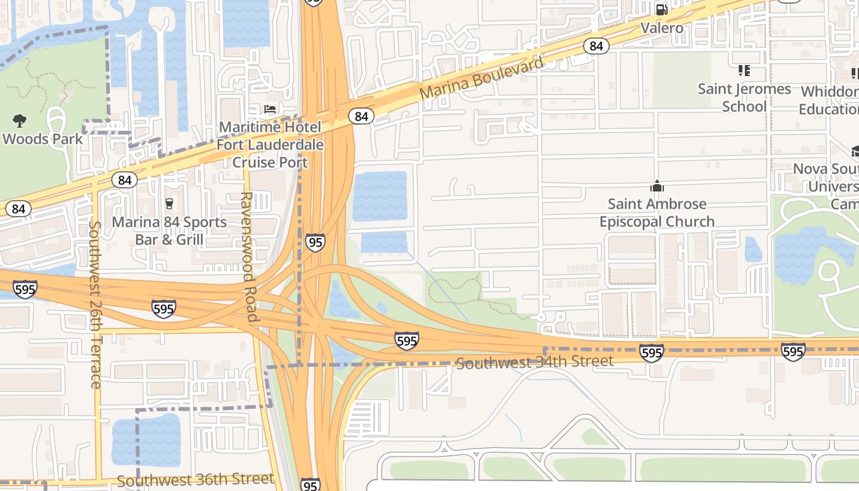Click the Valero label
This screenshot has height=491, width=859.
[x=661, y=28]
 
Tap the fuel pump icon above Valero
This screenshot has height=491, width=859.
[x=661, y=9]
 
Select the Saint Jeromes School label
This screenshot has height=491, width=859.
[x=744, y=98]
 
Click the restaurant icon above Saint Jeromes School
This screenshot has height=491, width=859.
[x=744, y=71]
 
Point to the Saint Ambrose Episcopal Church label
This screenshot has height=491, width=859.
[x=657, y=212]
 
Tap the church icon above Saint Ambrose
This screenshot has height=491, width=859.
[x=657, y=186]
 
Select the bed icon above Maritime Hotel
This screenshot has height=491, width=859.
[x=270, y=110]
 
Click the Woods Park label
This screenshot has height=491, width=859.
[x=42, y=139]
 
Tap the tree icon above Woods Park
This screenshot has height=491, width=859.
[x=20, y=120]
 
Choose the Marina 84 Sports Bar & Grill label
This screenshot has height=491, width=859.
[x=169, y=230]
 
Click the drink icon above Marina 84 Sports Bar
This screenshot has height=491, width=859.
[x=169, y=203]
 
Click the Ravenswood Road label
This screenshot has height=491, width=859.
[x=247, y=257]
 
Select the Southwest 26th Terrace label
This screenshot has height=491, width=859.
[x=94, y=304]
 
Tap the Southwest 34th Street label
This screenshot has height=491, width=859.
[x=534, y=362]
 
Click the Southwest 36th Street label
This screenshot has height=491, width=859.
[x=195, y=479]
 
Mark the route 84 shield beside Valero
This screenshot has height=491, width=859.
[x=596, y=46]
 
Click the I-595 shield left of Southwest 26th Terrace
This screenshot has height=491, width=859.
[x=25, y=289]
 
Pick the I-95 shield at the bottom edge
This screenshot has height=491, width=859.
[x=310, y=485]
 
